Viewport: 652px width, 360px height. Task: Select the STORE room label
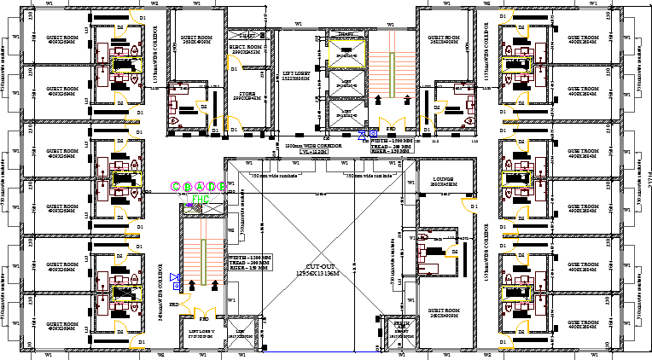click(x=246, y=95)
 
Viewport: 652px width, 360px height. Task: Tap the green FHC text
click(x=200, y=199)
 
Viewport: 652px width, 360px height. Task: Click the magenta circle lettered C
click(x=176, y=186)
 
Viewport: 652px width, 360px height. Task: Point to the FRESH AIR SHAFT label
click(x=399, y=326)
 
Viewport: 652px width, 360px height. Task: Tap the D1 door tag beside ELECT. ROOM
click(x=233, y=69)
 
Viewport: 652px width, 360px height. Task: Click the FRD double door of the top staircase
click(x=391, y=126)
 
